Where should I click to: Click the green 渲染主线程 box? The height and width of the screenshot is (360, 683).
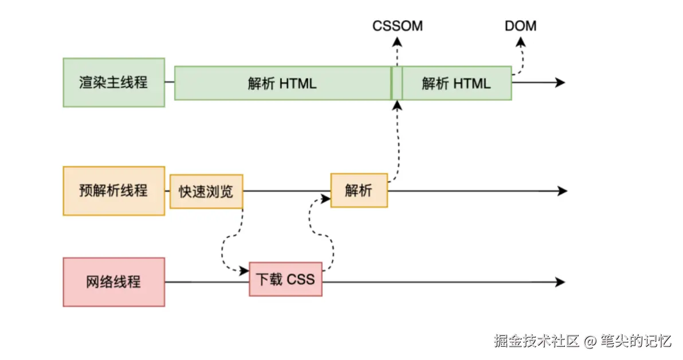(113, 82)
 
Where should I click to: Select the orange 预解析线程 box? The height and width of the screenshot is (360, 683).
(113, 191)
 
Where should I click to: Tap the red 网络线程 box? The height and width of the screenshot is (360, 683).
(113, 281)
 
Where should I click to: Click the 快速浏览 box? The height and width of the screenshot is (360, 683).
(206, 191)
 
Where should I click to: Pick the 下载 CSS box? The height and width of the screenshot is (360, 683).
(285, 279)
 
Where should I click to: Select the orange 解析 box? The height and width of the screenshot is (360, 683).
(359, 190)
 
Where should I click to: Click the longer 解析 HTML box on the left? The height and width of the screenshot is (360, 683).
(282, 83)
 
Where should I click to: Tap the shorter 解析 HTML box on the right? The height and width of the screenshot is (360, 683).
(456, 83)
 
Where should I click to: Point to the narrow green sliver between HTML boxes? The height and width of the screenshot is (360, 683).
(396, 83)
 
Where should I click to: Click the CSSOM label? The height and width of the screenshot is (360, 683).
(397, 26)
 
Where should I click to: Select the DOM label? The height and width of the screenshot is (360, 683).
(520, 26)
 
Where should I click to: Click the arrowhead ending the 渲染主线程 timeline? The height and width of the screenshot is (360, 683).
(560, 83)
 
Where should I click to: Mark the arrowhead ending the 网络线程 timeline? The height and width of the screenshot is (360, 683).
(560, 281)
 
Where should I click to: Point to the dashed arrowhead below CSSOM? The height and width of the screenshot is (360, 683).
(397, 41)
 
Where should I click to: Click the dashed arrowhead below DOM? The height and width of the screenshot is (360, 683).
(521, 42)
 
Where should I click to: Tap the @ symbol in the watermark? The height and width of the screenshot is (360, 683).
(590, 342)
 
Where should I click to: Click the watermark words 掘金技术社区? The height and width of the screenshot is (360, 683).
(536, 342)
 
